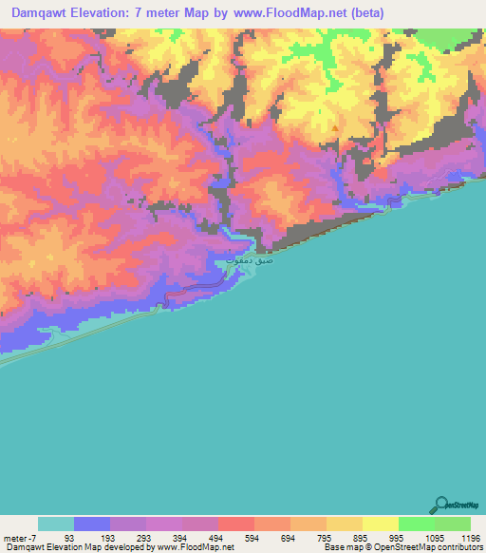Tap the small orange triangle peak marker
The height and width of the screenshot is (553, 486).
click(x=334, y=128)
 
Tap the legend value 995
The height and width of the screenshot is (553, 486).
click(x=398, y=537)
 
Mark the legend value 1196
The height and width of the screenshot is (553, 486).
click(x=470, y=537)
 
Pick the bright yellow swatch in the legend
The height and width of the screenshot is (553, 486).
click(x=380, y=524)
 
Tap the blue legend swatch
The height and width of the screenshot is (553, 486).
click(x=91, y=524)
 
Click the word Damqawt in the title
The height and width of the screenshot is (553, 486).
click(x=42, y=12)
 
